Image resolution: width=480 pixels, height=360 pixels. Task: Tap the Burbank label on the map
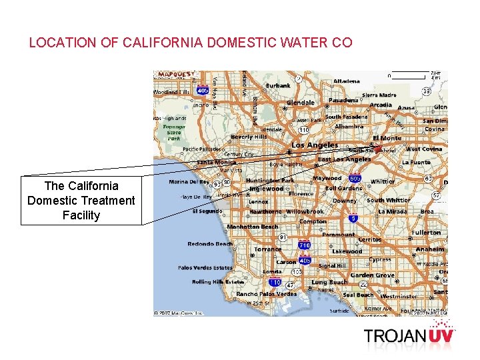point(278,85)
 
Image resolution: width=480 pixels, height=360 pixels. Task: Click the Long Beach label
point(329,282)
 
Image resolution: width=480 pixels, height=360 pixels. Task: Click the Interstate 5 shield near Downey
point(353,217)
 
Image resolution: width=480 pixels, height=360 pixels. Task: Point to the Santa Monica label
point(216,162)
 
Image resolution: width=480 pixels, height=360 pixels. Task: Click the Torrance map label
point(268,249)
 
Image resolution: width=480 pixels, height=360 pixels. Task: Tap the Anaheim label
point(430,249)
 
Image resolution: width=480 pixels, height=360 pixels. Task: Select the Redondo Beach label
point(210,244)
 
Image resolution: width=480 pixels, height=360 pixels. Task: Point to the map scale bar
point(407,73)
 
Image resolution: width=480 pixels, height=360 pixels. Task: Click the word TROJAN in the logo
point(395,335)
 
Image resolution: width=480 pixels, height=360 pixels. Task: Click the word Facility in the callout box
point(81,215)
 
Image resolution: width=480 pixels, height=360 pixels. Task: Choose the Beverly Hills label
point(249,137)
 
